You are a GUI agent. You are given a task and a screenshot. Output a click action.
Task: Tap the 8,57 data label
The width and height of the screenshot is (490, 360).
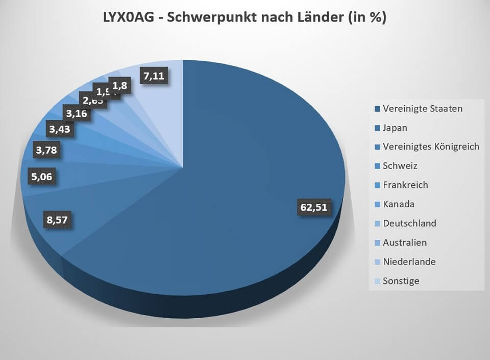(x=57, y=220)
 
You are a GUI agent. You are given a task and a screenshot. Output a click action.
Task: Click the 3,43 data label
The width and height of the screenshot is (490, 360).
(x=59, y=128)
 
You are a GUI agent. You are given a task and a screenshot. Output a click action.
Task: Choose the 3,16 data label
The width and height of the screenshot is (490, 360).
(x=77, y=112)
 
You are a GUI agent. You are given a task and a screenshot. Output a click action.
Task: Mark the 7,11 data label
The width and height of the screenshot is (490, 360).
(x=154, y=76)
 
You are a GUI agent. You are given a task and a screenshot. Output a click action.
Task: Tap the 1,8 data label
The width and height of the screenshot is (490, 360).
(x=120, y=85)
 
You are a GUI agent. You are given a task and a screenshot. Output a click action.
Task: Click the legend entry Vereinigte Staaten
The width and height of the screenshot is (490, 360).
(x=423, y=108)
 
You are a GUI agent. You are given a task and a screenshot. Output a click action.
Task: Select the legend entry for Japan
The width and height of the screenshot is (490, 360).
(x=395, y=128)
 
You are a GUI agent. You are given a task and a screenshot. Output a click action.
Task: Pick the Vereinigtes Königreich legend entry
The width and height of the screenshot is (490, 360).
(x=431, y=147)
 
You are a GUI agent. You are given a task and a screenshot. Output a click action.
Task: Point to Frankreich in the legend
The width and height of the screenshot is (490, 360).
(x=405, y=185)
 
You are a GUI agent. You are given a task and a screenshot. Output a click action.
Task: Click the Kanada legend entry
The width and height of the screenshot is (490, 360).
(x=398, y=204)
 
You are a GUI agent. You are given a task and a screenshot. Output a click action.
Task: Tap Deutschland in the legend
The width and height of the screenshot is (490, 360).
(x=409, y=223)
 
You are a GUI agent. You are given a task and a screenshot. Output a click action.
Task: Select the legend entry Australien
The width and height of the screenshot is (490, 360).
(x=404, y=243)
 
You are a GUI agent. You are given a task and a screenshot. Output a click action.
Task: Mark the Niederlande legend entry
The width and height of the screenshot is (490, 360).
(x=409, y=261)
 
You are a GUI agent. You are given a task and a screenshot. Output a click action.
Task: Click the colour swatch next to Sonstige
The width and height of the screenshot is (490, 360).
(x=377, y=281)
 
